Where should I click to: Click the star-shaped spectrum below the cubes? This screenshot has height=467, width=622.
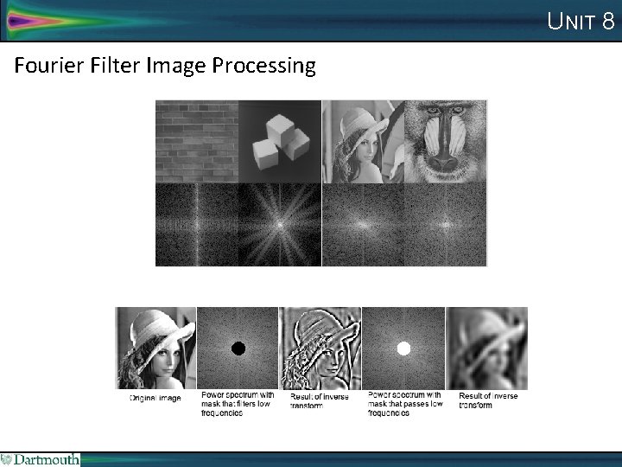click(x=279, y=224)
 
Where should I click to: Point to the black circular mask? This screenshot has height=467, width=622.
click(x=238, y=348)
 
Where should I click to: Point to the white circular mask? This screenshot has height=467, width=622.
click(x=403, y=349)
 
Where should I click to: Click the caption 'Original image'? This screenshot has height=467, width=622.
click(x=155, y=399)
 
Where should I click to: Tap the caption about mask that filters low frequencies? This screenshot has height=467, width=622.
click(x=238, y=404)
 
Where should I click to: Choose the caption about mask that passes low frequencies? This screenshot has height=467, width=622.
click(x=403, y=404)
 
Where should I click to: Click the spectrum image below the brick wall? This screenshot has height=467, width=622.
click(x=196, y=224)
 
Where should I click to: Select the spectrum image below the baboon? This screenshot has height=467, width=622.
click(x=446, y=224)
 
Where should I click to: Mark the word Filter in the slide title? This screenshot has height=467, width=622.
click(x=108, y=66)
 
